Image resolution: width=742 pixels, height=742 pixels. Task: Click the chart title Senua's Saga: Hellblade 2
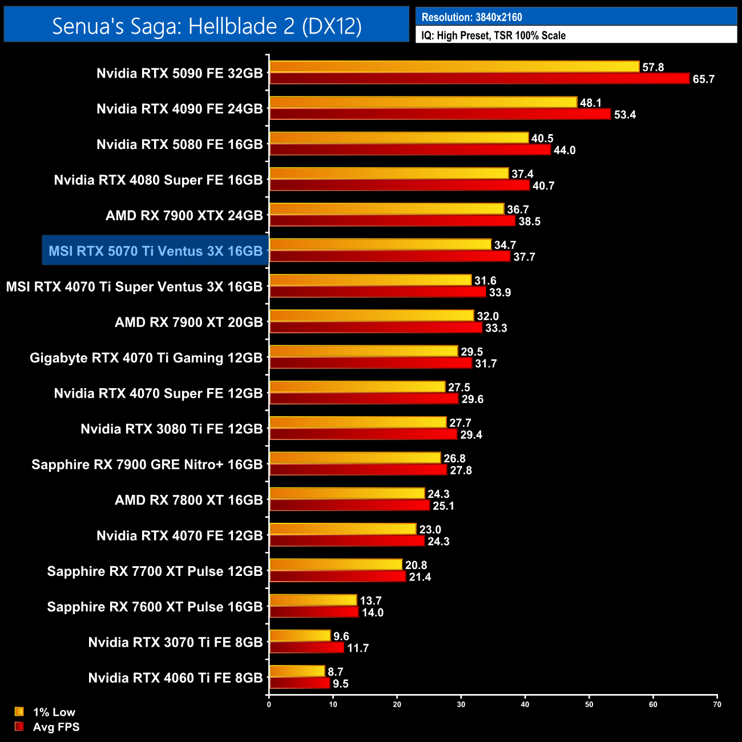[207, 26]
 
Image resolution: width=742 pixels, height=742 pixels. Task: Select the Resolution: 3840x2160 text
[471, 17]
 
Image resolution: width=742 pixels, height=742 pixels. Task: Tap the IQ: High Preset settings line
[493, 35]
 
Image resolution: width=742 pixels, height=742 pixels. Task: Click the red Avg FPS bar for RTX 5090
[479, 79]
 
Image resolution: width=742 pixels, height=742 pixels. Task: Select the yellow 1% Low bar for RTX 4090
[423, 103]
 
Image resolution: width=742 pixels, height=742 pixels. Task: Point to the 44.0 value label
[564, 150]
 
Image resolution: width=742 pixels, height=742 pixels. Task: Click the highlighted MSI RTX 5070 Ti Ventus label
[155, 251]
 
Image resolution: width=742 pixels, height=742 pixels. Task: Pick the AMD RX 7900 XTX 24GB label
[184, 216]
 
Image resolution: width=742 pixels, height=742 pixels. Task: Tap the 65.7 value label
[703, 79]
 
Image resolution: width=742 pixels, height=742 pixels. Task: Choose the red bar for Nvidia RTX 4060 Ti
[300, 683]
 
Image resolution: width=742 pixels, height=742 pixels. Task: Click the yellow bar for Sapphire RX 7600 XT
[313, 600]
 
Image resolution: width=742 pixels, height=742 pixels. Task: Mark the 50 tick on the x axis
[589, 704]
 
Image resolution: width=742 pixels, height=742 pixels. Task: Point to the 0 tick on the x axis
[269, 704]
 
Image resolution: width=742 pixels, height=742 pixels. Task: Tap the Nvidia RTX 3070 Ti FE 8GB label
[175, 643]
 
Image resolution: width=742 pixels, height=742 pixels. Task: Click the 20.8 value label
[416, 565]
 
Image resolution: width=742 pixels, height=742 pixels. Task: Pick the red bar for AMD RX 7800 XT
[349, 506]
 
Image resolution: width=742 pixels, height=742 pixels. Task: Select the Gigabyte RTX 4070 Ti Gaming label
[146, 358]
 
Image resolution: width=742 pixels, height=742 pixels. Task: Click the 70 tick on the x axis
[717, 704]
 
